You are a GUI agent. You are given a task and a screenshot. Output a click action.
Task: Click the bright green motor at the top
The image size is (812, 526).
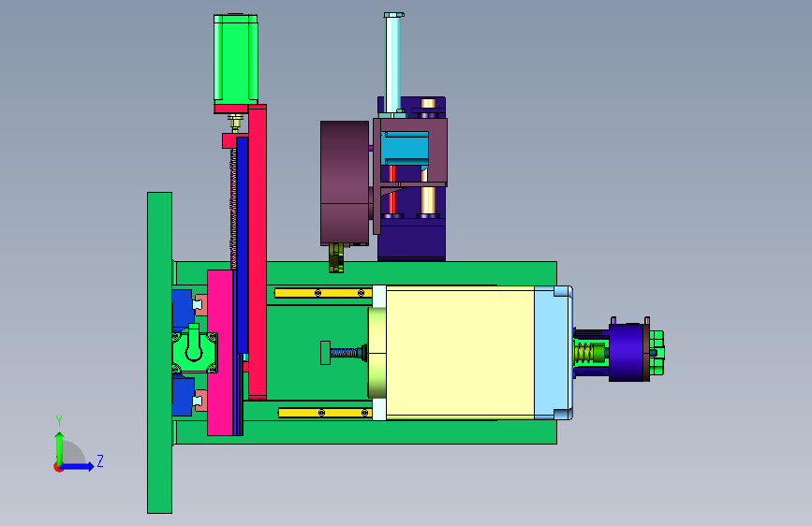(236, 57)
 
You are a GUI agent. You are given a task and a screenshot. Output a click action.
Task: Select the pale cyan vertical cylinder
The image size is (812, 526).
(392, 63)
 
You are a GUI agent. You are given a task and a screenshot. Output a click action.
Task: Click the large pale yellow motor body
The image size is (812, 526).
(460, 353)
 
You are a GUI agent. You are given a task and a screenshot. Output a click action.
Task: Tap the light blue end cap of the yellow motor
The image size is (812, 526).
(554, 353)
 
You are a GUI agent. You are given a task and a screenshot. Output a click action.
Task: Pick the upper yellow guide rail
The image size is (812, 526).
(323, 293)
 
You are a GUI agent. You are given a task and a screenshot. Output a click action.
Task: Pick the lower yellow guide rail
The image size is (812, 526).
(325, 413)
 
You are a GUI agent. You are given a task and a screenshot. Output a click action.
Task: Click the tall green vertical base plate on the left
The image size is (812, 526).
(159, 353)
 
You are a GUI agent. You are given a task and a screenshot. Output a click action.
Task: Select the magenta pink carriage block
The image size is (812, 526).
(220, 353)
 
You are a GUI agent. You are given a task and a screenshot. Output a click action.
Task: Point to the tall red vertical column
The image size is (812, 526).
(258, 252)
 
